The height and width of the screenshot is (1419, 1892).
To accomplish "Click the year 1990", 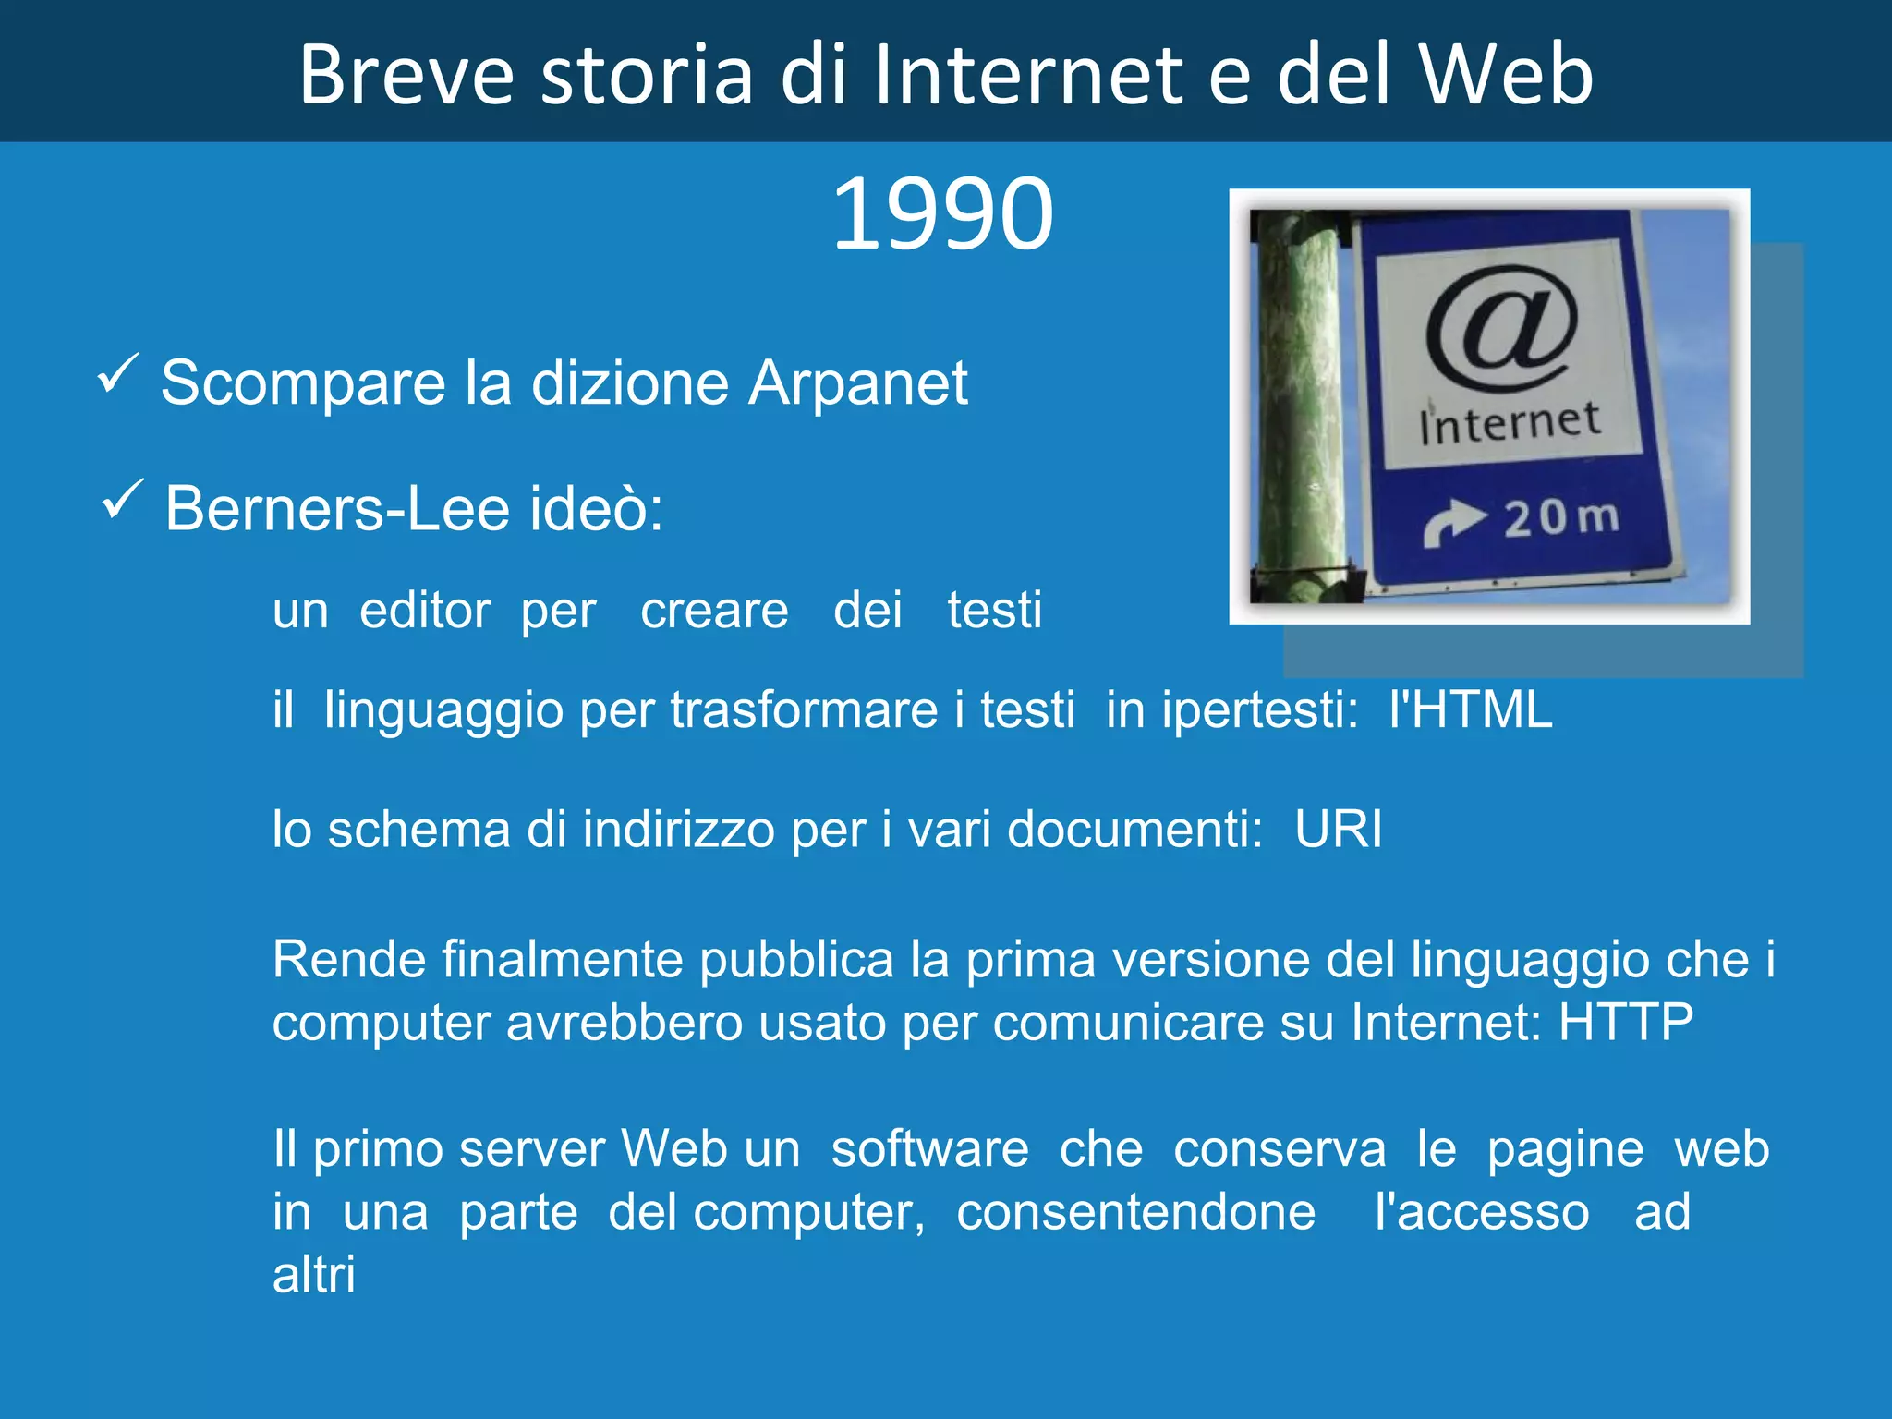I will [942, 214].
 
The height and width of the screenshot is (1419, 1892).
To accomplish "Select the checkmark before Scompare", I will [117, 373].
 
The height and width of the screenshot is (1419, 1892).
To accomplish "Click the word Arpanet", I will [857, 382].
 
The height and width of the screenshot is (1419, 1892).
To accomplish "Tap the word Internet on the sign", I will [1510, 423].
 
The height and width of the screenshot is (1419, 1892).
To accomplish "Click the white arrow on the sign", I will [1452, 522].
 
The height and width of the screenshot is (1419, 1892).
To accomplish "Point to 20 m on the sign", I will [1561, 517].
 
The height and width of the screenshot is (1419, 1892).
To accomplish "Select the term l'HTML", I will [1470, 710].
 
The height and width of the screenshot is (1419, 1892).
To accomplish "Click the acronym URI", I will [1338, 829].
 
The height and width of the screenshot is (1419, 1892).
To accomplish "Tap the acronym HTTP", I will [1626, 1023].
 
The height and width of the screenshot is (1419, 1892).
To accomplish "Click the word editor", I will [425, 611].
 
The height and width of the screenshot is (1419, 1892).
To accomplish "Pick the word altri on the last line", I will [313, 1275].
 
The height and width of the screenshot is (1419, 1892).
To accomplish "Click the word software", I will [929, 1149].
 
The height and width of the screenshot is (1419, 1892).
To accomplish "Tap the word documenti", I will [1134, 829].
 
